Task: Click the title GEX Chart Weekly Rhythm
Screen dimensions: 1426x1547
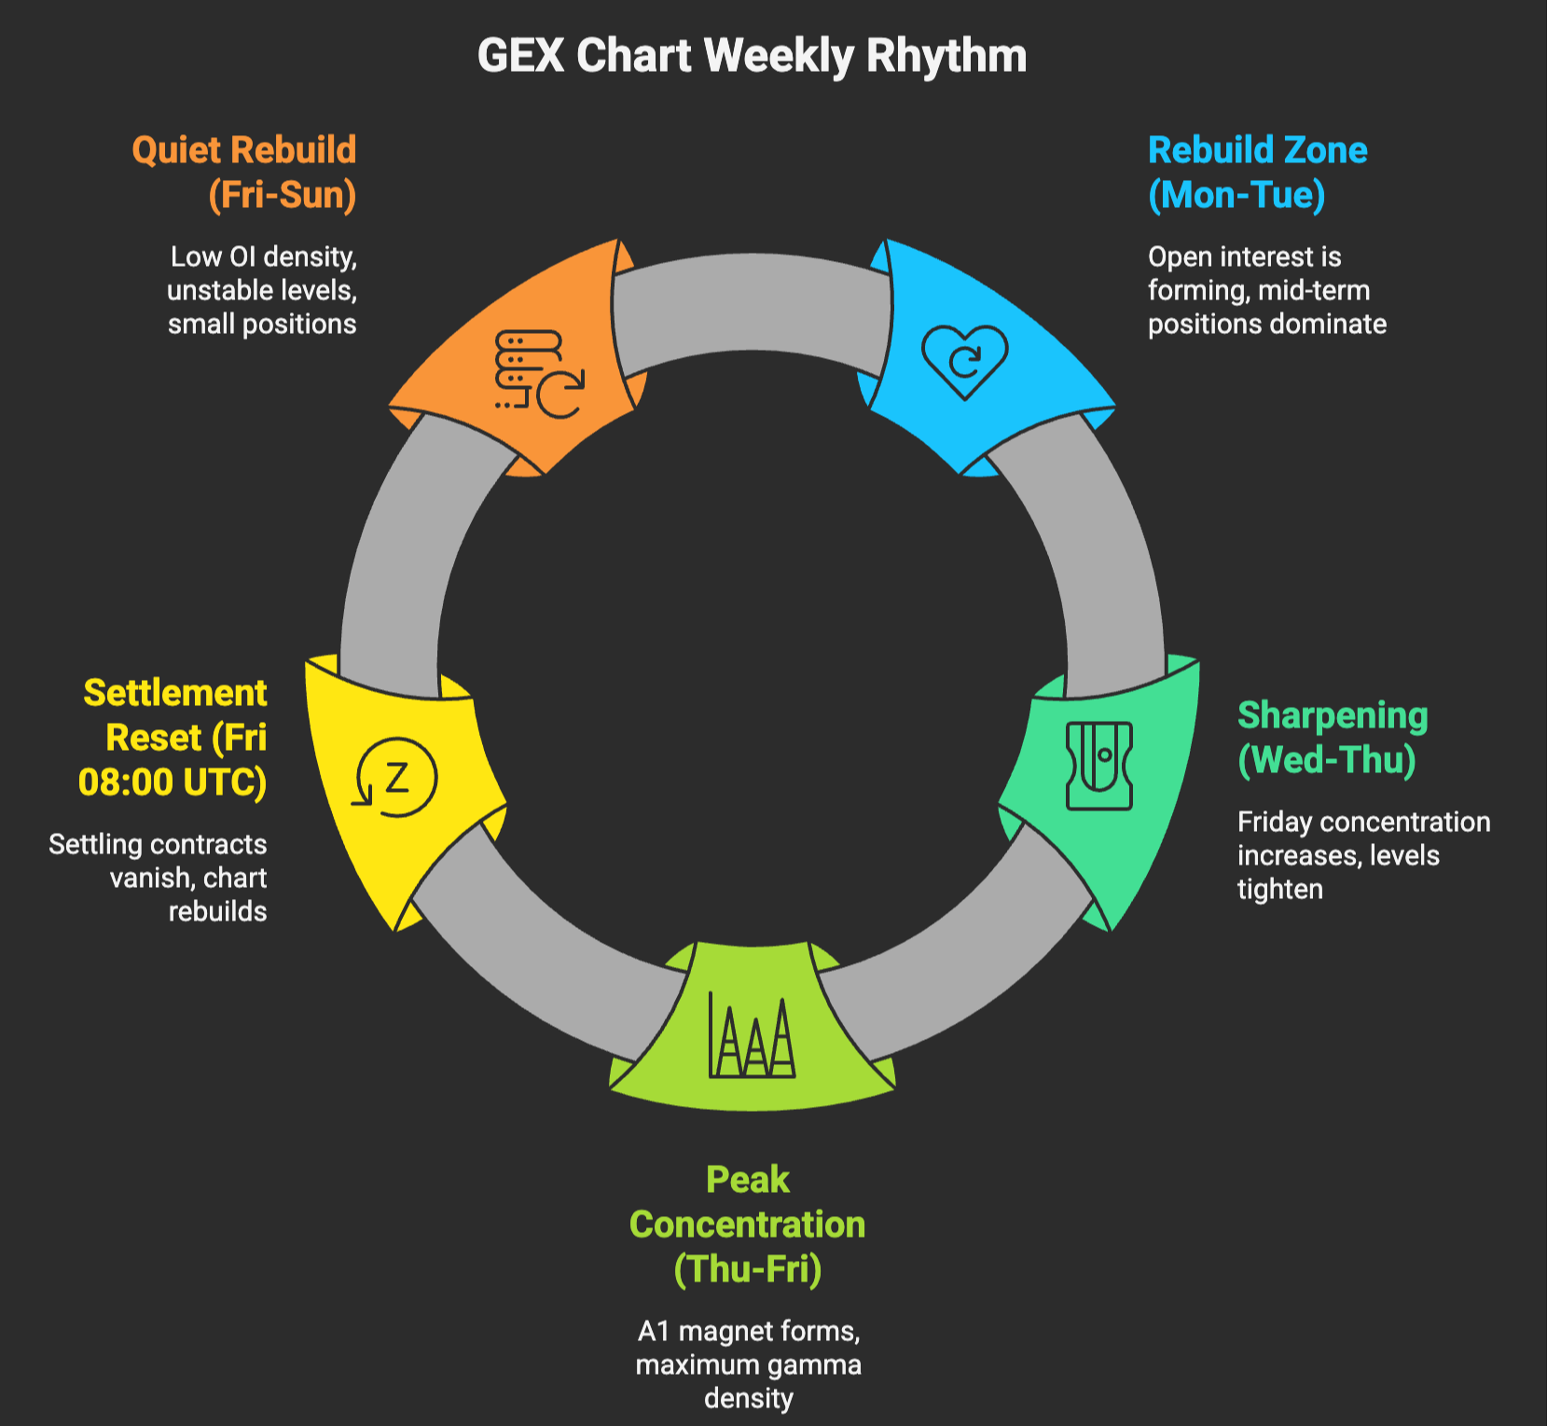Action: [752, 56]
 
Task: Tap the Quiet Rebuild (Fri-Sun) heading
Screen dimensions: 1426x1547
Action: [245, 173]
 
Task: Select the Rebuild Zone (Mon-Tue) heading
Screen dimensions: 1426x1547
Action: [1257, 173]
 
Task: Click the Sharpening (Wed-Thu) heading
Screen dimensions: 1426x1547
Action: [1332, 738]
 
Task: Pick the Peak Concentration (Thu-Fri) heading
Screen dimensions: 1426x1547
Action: [748, 1225]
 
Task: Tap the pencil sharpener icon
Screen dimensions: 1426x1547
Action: [1099, 765]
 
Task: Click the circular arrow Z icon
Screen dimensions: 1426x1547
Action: [395, 778]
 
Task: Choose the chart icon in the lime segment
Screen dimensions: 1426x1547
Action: [752, 1034]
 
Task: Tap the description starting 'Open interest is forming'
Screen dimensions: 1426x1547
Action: [1266, 290]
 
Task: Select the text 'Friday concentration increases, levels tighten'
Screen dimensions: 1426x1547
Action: [1363, 855]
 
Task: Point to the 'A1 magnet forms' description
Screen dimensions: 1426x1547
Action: [748, 1364]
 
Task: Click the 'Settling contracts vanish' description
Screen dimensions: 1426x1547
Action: [159, 878]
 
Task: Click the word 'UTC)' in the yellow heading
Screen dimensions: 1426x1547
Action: [225, 782]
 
